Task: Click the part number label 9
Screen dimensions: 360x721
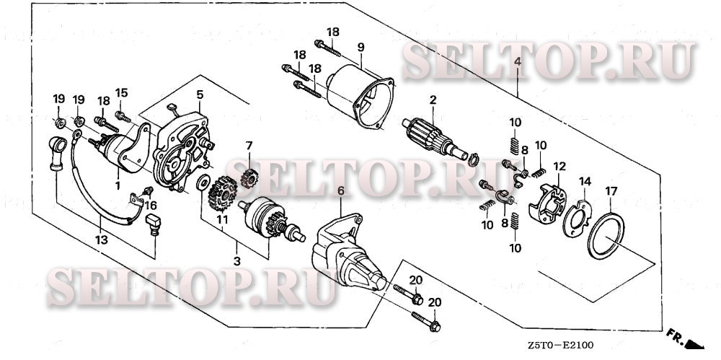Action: tap(360, 48)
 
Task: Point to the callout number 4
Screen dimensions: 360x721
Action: tap(517, 63)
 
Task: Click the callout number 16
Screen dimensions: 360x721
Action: tap(151, 205)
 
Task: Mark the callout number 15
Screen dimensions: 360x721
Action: tap(122, 92)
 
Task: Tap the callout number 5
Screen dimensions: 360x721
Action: tap(200, 95)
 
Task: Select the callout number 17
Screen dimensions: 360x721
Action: tap(611, 190)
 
